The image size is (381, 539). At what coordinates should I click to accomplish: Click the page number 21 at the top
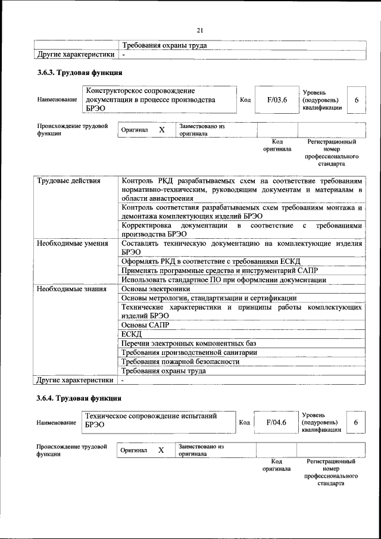(200, 31)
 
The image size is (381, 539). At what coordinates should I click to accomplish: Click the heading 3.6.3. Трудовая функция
(80, 73)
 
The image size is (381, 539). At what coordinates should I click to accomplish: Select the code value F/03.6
(277, 100)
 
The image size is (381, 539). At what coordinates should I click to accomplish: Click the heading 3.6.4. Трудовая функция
(80, 397)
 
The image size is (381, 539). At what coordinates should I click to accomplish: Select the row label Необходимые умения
(72, 243)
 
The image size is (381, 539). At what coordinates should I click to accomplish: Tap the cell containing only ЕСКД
(131, 334)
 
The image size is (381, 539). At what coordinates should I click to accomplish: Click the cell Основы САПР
(145, 325)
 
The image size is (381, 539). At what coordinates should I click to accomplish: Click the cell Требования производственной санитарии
(189, 353)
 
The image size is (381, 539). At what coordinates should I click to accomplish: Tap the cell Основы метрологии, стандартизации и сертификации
(208, 298)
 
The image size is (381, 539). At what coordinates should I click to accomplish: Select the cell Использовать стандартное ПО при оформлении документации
(223, 279)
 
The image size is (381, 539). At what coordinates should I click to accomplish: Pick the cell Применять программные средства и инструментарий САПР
(217, 270)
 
